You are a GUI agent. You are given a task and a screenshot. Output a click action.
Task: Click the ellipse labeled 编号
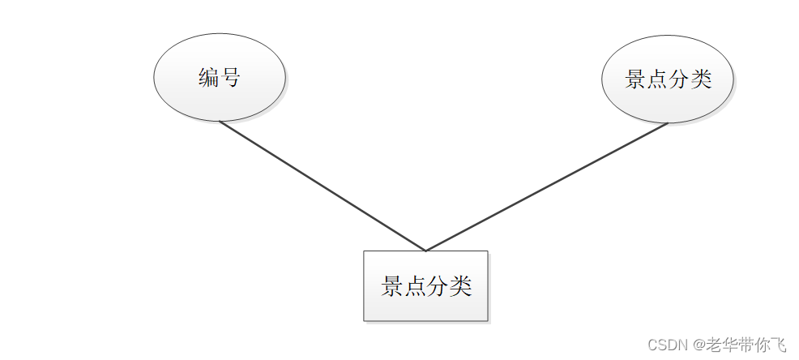tap(220, 78)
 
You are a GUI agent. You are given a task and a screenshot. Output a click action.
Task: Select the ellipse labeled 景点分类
tap(668, 79)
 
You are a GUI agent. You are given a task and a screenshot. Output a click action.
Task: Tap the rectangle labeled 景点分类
tap(425, 285)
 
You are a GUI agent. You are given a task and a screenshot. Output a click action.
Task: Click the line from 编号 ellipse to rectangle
tap(323, 186)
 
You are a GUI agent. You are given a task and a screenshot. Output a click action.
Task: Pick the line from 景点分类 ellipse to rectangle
tap(547, 187)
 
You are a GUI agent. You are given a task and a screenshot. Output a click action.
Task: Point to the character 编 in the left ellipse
tap(209, 78)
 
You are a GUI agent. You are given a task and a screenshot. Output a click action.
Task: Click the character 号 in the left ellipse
tap(230, 78)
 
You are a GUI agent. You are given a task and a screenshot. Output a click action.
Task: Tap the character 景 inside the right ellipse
tap(636, 79)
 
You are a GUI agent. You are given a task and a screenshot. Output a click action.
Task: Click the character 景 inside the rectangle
tap(392, 286)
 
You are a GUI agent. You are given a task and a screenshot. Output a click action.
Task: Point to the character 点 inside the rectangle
tap(415, 286)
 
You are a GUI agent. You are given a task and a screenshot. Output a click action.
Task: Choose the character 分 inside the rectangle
tap(438, 286)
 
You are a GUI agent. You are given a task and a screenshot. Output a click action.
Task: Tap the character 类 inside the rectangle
tap(460, 286)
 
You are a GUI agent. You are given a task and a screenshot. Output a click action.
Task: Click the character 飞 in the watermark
tap(779, 345)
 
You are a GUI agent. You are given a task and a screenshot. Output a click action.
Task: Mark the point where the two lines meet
tap(425, 251)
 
